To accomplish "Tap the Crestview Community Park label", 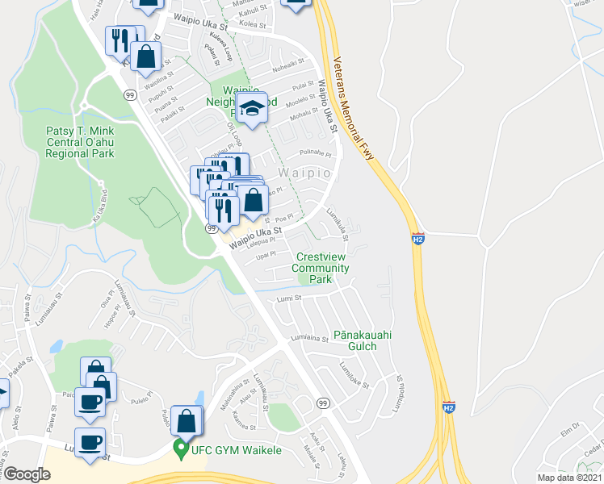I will (x=321, y=268).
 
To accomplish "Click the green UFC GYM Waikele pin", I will (x=179, y=449).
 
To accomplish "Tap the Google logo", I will (x=27, y=474).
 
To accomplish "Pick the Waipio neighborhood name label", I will (x=305, y=173).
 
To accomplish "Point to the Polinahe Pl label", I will (x=316, y=152).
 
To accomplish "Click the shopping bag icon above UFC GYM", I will (x=186, y=422).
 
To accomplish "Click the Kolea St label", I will (x=253, y=25).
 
